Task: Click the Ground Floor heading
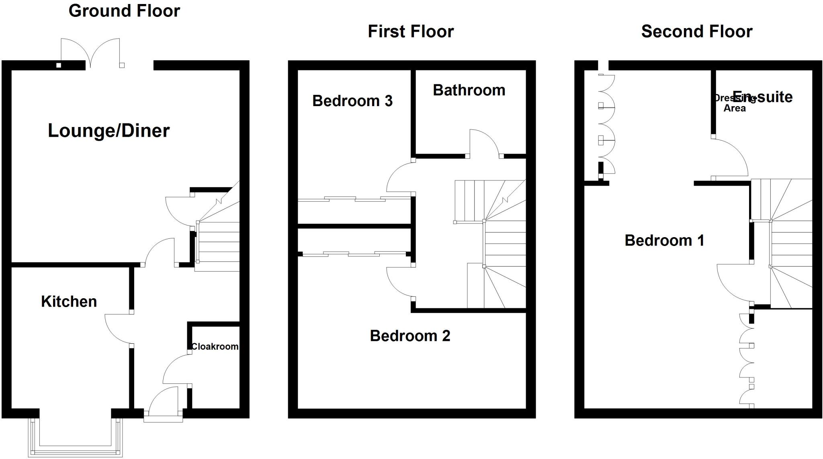[124, 11]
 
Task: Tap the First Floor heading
[411, 31]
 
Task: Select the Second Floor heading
[697, 31]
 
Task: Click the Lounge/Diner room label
[109, 131]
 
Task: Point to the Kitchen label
[69, 301]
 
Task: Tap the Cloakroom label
[215, 346]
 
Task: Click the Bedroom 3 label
[352, 101]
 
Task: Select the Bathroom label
[469, 90]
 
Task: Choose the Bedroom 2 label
[410, 336]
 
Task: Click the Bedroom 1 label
[664, 240]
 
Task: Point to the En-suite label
[762, 97]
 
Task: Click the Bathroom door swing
[484, 143]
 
